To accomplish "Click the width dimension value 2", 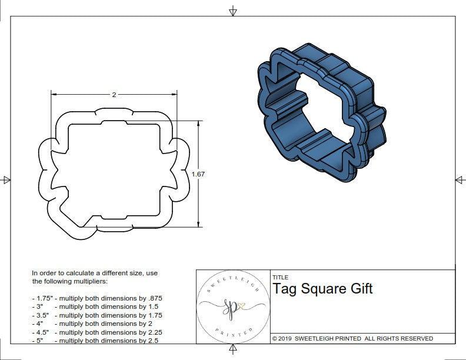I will [114, 94].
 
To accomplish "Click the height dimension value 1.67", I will [199, 174].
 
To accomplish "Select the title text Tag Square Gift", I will [322, 289].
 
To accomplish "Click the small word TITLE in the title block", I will [280, 277].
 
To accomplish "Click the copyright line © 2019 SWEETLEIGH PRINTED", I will [352, 338].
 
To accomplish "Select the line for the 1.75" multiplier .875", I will [97, 298].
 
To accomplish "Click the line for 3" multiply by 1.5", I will [95, 306].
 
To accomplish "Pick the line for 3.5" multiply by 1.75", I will [97, 315].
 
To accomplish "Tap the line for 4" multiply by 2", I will [92, 324].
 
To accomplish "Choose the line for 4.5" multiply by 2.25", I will [97, 332].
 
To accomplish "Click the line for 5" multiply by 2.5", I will [95, 340].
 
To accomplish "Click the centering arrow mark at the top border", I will [233, 11].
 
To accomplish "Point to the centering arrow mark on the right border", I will [459, 179].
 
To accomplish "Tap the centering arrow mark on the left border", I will [6, 179].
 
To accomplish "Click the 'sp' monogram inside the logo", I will [231, 306].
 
